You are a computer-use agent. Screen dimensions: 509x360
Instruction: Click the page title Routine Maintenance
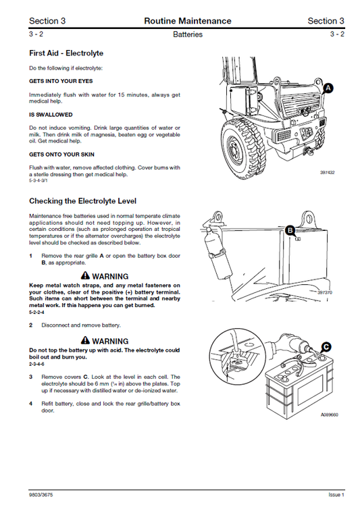[x=187, y=21]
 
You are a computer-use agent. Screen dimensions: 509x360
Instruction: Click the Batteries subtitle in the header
[x=187, y=34]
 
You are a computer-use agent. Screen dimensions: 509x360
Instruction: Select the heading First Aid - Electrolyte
[x=66, y=53]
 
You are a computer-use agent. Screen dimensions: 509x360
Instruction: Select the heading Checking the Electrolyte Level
[x=82, y=201]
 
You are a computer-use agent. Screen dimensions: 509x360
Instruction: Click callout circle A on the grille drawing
[x=328, y=88]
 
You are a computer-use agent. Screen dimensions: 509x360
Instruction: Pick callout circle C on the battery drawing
[x=326, y=347]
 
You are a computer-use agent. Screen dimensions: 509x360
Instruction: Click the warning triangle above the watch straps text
[x=84, y=276]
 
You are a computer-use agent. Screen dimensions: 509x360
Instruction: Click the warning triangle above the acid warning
[x=84, y=341]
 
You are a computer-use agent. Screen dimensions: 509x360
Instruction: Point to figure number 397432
[x=328, y=173]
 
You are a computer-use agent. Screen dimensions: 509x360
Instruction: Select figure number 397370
[x=326, y=292]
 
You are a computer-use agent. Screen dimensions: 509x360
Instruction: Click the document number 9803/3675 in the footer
[x=43, y=494]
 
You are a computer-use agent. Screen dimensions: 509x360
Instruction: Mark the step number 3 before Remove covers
[x=31, y=377]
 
